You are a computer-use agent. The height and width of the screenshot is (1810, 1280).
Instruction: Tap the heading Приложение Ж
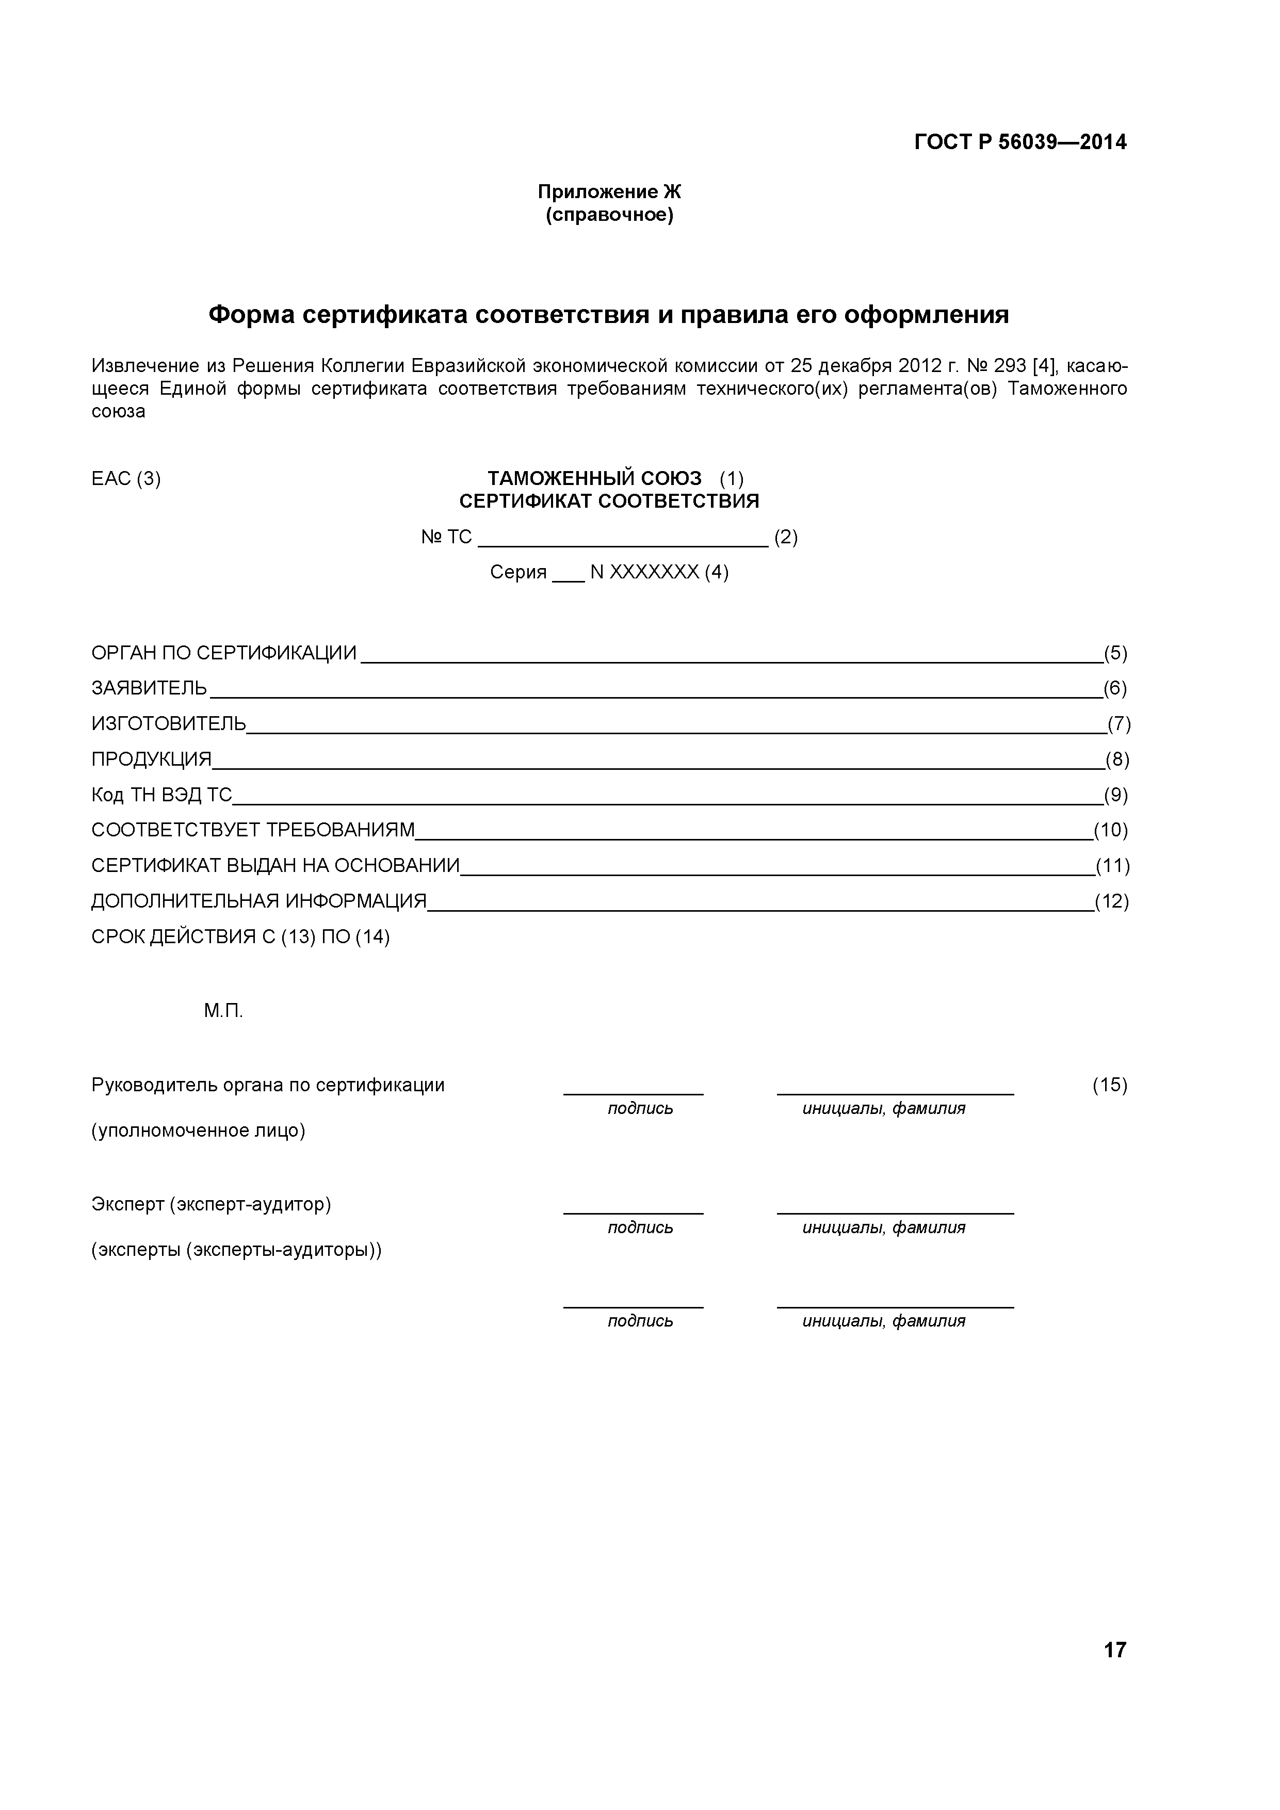point(609,191)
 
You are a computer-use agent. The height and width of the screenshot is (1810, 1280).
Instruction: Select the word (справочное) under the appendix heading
point(609,215)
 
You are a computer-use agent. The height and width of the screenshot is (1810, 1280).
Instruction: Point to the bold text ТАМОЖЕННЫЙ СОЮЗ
point(593,478)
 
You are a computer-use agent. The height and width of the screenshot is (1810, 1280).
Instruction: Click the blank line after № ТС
point(623,539)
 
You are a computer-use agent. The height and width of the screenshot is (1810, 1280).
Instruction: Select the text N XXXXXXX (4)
point(659,572)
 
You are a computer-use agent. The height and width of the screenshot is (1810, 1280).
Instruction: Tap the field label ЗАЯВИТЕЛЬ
point(149,688)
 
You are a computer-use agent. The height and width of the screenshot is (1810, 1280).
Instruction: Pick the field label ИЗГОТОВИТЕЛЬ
point(169,724)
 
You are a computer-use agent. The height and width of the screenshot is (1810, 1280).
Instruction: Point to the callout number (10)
point(1111,830)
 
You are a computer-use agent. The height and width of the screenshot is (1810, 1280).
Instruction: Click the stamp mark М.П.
point(223,1011)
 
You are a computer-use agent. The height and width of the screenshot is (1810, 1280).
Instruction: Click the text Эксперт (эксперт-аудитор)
point(211,1205)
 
